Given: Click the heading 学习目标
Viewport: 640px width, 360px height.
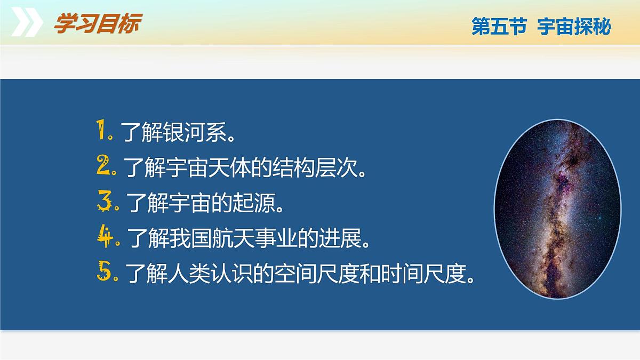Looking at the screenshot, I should point(97,25).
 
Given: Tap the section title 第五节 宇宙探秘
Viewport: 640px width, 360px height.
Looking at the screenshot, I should point(540,27).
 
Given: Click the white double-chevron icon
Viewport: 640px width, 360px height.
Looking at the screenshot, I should point(27,23).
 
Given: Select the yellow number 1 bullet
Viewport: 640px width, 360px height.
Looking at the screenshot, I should point(103,131).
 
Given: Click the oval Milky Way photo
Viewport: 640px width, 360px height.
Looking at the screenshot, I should point(557,209).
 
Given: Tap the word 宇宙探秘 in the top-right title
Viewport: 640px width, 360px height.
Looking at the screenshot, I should point(574,27).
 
